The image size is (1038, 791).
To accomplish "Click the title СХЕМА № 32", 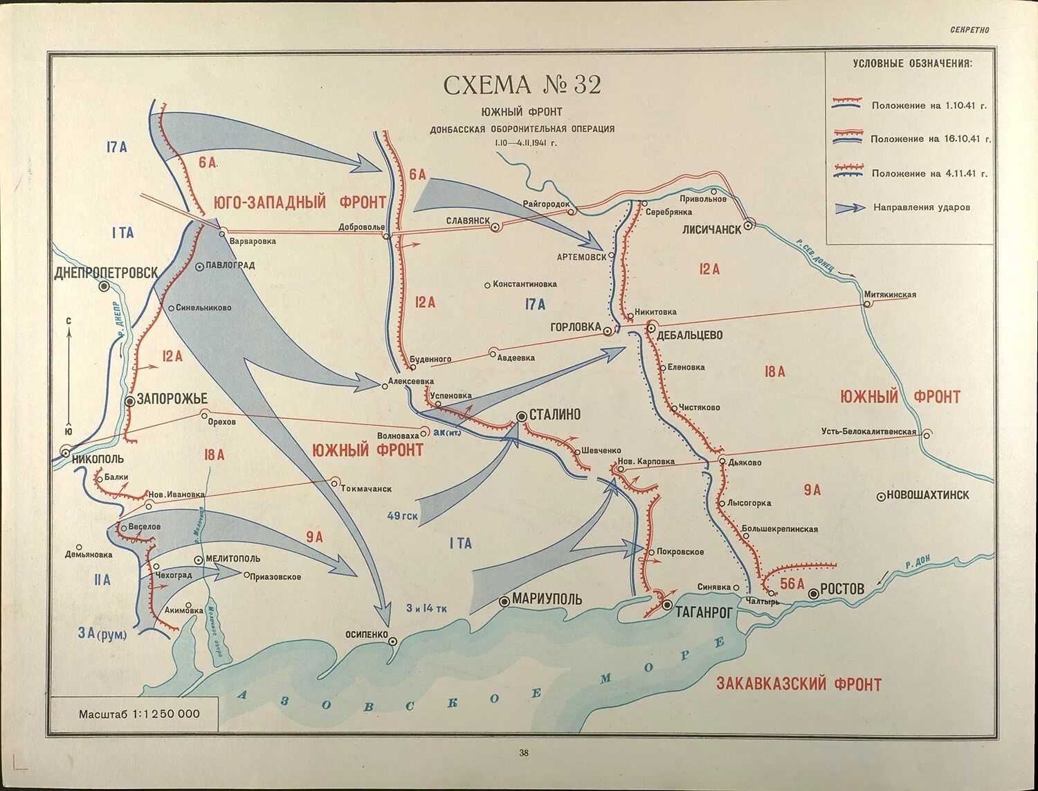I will point(522,85).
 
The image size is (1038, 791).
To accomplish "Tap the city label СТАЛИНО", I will point(554,415).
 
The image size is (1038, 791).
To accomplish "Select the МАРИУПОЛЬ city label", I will point(547,599).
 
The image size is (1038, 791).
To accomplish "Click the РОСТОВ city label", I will point(841,589).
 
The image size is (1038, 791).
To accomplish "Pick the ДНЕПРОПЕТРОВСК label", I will point(107,273).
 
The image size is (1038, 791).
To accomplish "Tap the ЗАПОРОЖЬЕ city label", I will point(172,399).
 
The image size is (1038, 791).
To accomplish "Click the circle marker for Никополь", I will point(66,452).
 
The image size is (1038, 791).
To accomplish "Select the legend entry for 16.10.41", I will point(930,139).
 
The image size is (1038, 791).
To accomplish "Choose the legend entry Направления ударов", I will point(921,207).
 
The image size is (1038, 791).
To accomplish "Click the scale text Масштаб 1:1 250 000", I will point(139,714).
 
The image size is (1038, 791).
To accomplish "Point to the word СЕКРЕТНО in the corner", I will point(969,30).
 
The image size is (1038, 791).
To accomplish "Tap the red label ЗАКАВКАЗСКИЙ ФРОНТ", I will point(799,684).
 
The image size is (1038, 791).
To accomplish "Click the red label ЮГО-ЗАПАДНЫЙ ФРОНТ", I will point(300,202).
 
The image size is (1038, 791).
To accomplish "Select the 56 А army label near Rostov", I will point(792,584).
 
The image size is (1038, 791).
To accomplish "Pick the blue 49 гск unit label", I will point(402,516).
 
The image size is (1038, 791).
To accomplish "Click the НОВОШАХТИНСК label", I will point(927,495).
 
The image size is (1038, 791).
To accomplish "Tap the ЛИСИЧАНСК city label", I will point(711,229).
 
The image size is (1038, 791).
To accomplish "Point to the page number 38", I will point(524,753).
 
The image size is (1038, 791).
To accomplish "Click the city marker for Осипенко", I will point(392,641).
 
